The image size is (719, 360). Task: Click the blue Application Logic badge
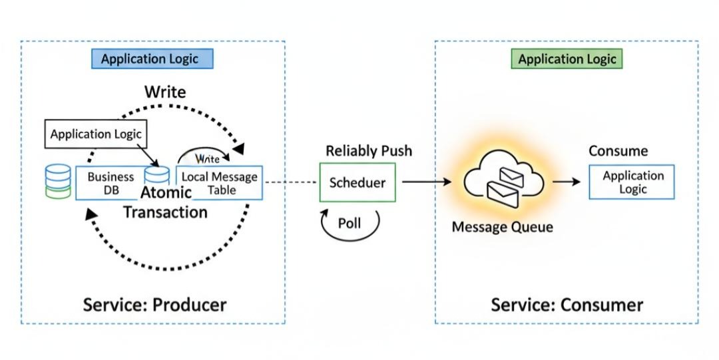click(x=151, y=59)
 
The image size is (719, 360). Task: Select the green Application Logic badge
click(x=567, y=59)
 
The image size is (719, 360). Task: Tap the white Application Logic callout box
click(x=96, y=134)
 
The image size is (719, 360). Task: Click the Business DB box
click(x=111, y=183)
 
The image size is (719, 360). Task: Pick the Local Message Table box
click(x=219, y=183)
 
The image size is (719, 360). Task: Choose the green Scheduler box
click(x=358, y=182)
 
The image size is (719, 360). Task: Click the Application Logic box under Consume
click(x=632, y=182)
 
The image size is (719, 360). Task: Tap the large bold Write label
click(x=165, y=91)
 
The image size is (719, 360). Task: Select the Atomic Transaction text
click(x=165, y=203)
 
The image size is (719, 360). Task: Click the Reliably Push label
click(x=368, y=151)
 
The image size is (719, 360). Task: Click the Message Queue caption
click(x=502, y=228)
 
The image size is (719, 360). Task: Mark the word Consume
click(x=618, y=151)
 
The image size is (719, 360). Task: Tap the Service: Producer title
click(x=154, y=305)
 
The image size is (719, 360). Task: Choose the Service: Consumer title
click(x=567, y=305)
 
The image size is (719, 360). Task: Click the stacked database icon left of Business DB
click(x=57, y=181)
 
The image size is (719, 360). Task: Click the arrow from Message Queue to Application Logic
click(x=567, y=182)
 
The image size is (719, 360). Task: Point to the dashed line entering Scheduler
click(x=291, y=182)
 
